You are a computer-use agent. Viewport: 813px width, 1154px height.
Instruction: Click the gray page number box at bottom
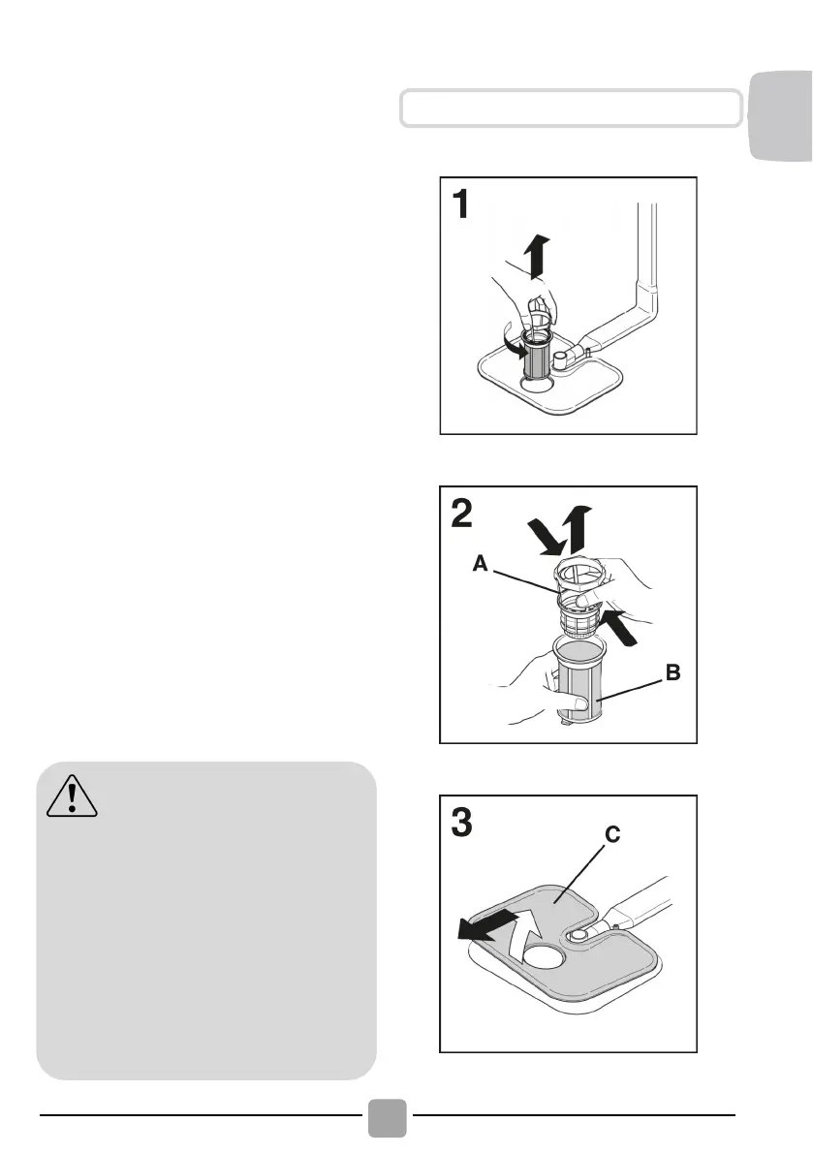388,1118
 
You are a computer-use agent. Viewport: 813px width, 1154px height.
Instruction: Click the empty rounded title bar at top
571,109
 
